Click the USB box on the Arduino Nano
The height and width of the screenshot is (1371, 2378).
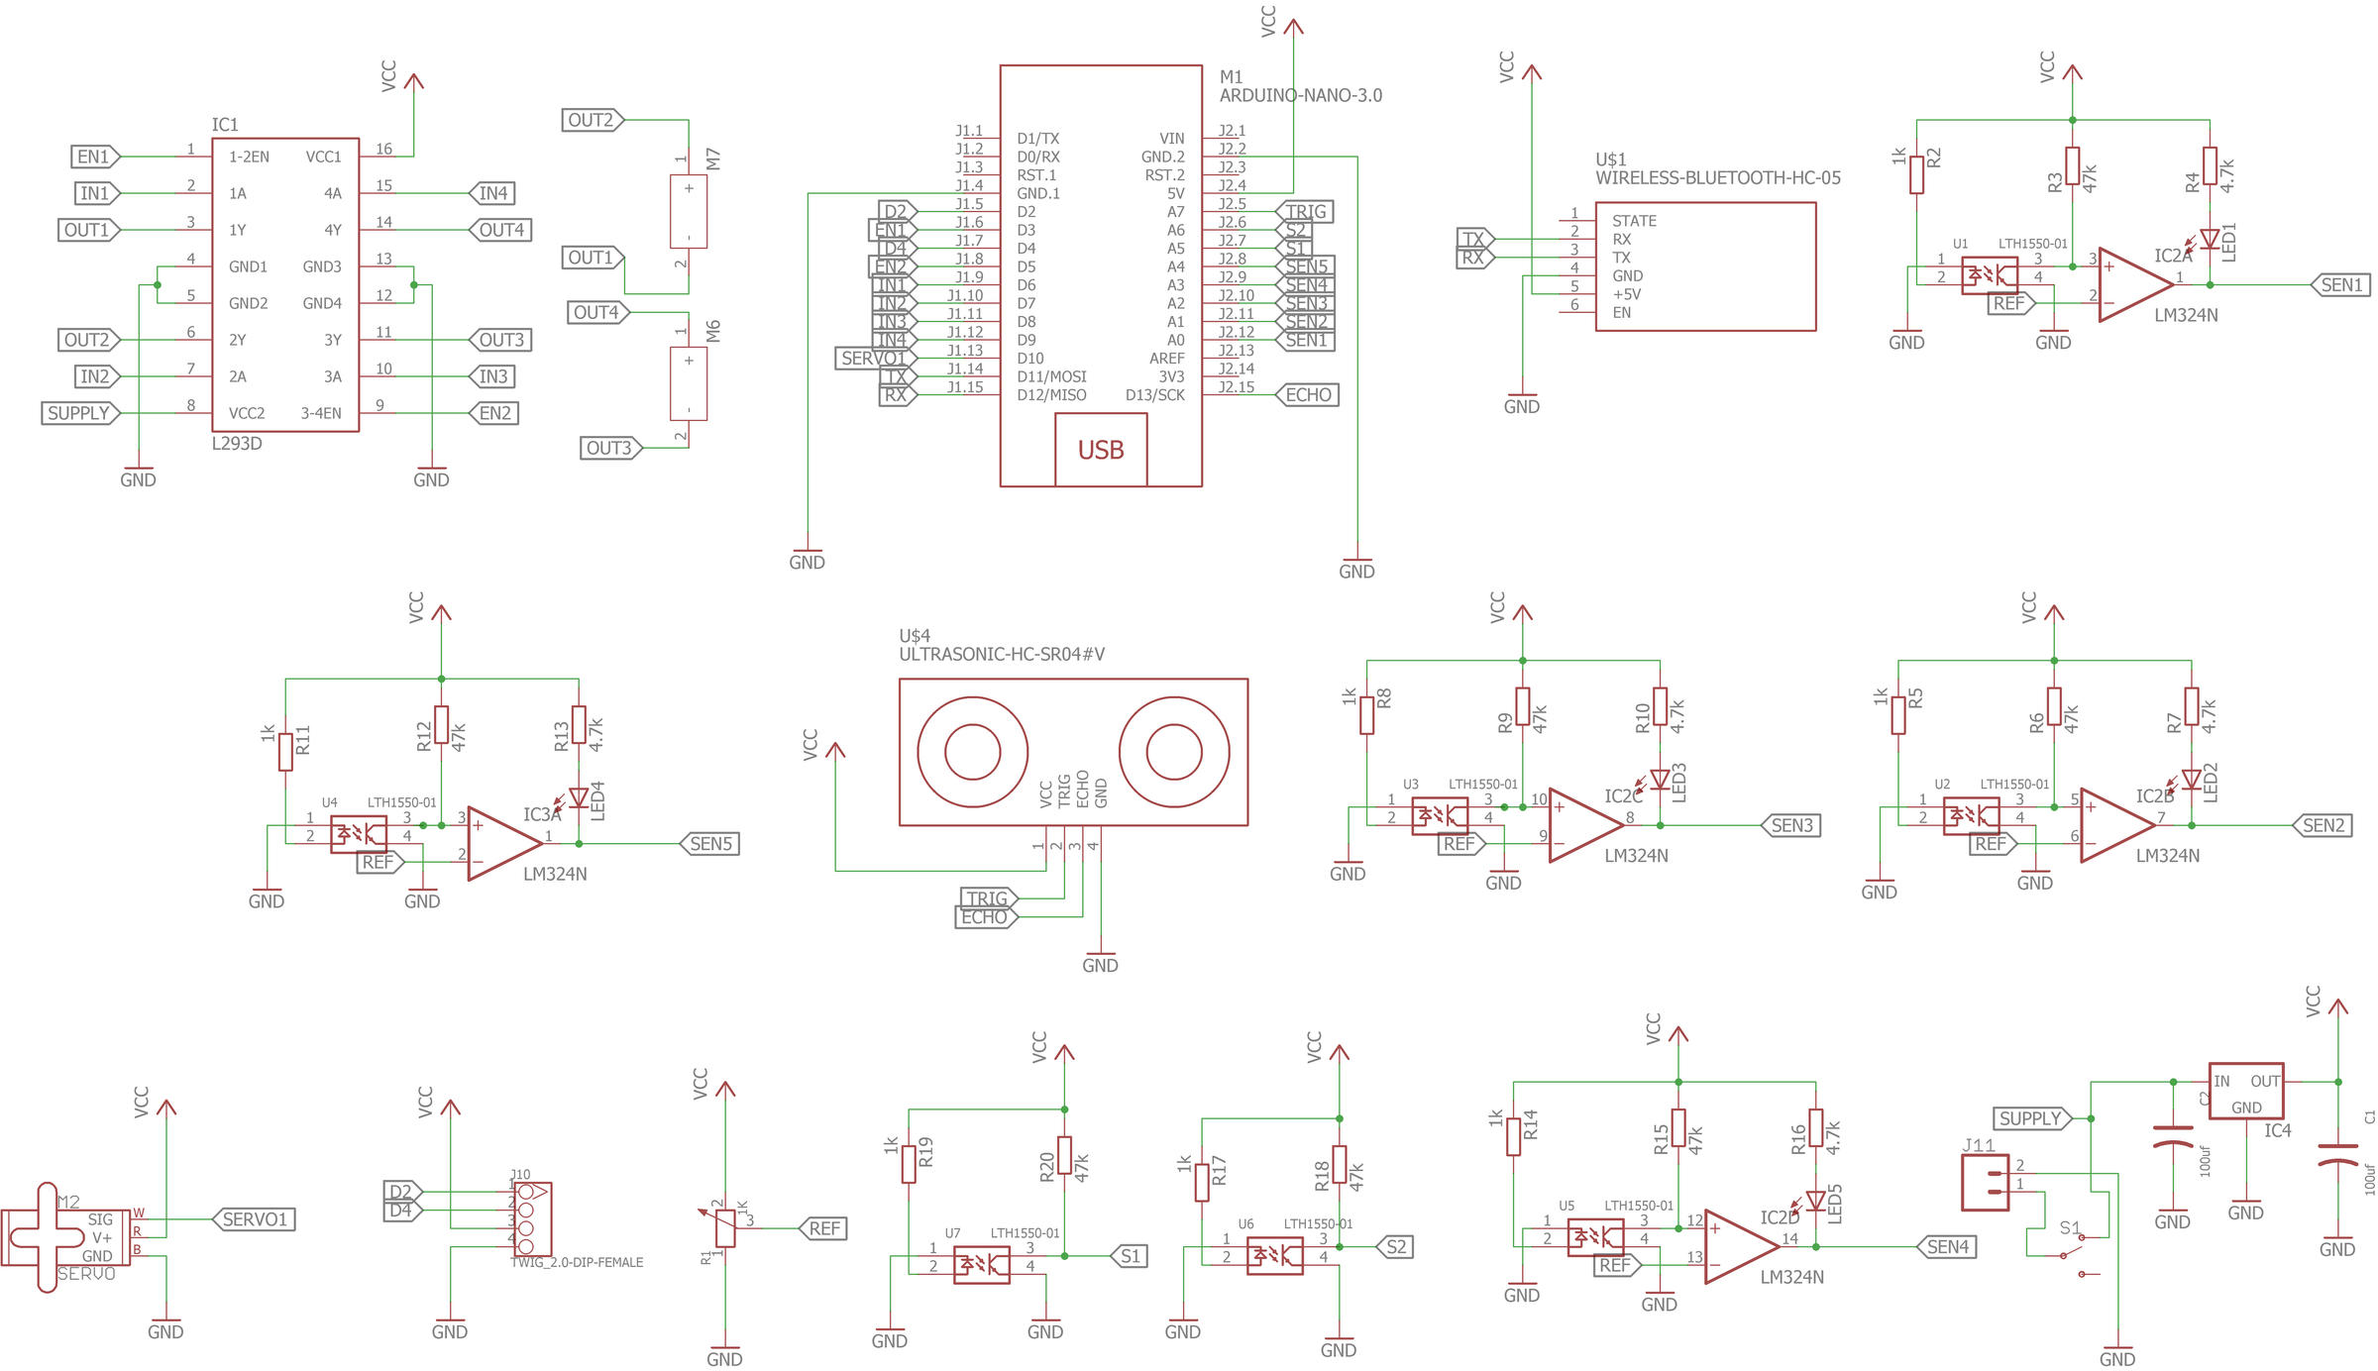tap(1101, 450)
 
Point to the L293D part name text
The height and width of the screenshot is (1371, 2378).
tap(237, 444)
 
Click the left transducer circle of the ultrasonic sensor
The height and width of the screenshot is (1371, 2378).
tap(972, 752)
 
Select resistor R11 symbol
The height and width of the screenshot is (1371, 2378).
tap(285, 751)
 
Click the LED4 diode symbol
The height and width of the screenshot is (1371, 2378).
tap(579, 798)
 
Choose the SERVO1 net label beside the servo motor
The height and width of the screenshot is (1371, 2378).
tap(255, 1219)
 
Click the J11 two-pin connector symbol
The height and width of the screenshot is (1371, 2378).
tap(1985, 1183)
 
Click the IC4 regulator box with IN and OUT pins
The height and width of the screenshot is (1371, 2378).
tap(2246, 1092)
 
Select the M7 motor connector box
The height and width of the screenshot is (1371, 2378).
tap(689, 212)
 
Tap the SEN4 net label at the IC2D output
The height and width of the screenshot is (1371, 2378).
tap(1947, 1247)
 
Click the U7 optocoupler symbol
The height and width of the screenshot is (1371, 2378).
tap(981, 1265)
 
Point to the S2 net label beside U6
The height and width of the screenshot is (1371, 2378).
tap(1395, 1247)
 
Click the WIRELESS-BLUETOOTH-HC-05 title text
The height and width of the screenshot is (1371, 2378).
tap(1717, 178)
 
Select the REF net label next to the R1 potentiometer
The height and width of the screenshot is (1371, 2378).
tap(823, 1228)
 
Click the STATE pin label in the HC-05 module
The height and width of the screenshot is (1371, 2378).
tap(1634, 221)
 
